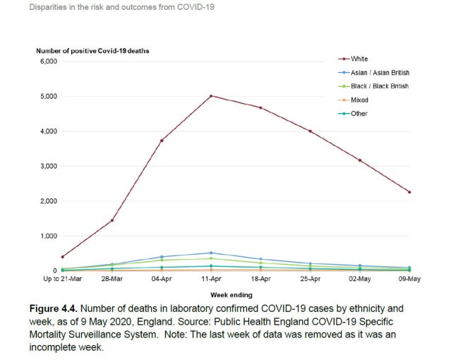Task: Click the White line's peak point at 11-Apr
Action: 211,96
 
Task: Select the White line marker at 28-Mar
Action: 112,220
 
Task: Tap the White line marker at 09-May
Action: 409,192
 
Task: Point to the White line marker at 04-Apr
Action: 162,140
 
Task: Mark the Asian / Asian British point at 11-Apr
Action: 211,253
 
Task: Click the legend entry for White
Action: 359,59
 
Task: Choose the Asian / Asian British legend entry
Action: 380,72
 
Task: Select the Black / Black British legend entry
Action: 380,86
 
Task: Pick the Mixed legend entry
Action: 359,100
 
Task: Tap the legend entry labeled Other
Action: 359,114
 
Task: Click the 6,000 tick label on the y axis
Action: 47,61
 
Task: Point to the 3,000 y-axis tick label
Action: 47,166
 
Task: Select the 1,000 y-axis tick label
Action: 47,236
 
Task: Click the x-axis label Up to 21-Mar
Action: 61,280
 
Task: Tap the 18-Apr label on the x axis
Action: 260,280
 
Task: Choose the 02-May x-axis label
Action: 359,280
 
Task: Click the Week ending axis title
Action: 230,294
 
